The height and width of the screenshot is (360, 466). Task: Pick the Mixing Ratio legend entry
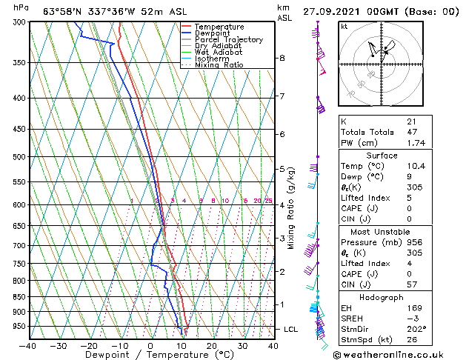tap(219, 65)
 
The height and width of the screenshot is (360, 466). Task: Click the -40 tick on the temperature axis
tap(27, 346)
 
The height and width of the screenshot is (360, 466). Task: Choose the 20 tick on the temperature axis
tap(211, 346)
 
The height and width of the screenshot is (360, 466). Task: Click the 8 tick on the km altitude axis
tap(282, 58)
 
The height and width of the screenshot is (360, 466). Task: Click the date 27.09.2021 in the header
tap(332, 11)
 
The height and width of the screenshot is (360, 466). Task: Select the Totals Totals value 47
tap(413, 133)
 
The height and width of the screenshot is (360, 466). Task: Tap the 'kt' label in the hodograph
tap(344, 26)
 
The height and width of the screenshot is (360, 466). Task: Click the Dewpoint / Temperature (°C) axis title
tap(150, 355)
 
